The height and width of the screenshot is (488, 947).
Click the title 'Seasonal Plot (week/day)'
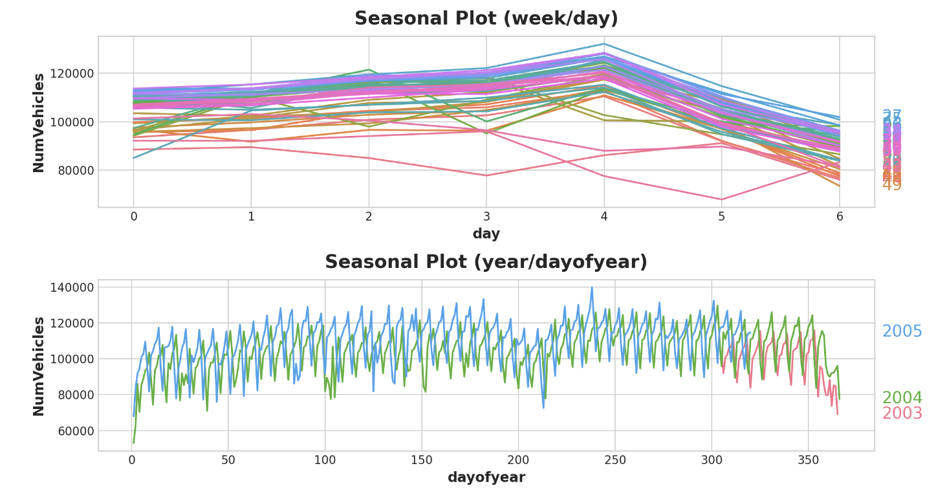(x=486, y=19)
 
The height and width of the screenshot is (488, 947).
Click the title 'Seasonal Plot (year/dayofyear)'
(x=486, y=262)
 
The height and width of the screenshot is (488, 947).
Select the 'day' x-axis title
(x=486, y=234)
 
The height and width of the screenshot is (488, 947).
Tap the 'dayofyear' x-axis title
(x=486, y=478)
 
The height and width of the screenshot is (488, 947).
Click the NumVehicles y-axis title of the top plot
(x=39, y=122)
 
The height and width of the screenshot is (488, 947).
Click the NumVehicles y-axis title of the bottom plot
(x=39, y=366)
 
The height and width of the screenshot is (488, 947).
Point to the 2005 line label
(x=902, y=332)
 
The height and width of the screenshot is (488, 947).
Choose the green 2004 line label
(x=902, y=399)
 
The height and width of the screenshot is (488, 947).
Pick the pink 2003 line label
(x=902, y=414)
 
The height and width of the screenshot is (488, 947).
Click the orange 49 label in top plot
(x=892, y=185)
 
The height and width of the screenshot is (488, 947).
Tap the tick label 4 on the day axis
(x=604, y=217)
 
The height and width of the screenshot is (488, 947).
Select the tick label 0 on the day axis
(x=134, y=217)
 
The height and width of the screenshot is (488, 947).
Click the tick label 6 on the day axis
(x=839, y=217)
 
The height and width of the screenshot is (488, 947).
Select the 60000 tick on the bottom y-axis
(x=73, y=430)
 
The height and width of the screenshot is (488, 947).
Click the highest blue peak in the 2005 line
(x=591, y=288)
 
